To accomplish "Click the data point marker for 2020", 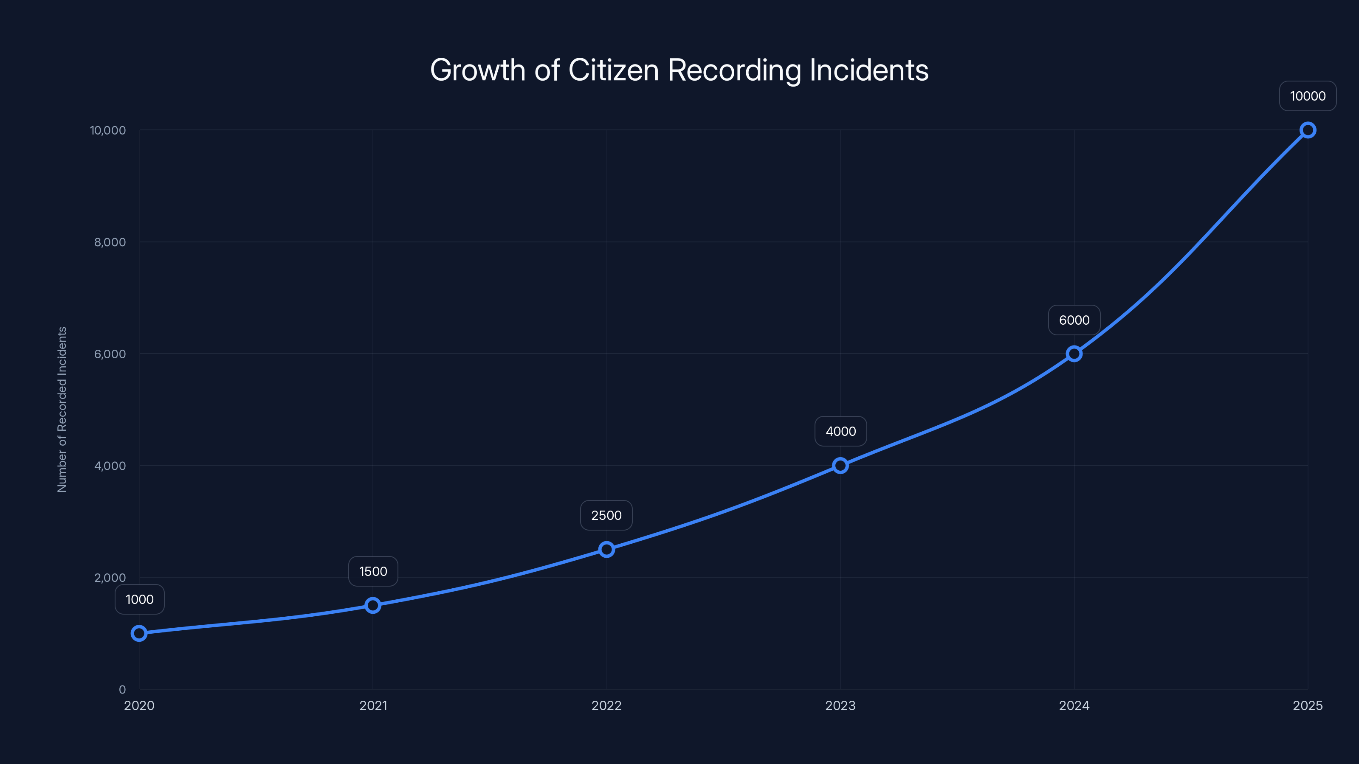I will coord(139,633).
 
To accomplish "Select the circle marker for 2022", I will coord(607,549).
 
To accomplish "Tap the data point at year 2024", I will coord(1074,354).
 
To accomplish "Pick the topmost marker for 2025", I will coord(1308,130).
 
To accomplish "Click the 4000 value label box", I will coord(840,431).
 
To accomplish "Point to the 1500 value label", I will coord(373,572).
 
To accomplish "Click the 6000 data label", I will coord(1074,320).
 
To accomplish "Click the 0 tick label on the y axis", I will coord(122,690).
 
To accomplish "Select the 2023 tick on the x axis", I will coord(840,705).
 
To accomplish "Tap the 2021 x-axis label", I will coord(373,705).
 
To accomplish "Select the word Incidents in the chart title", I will coord(869,70).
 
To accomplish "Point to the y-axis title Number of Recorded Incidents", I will coord(62,409).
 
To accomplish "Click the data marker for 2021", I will coord(373,605).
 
